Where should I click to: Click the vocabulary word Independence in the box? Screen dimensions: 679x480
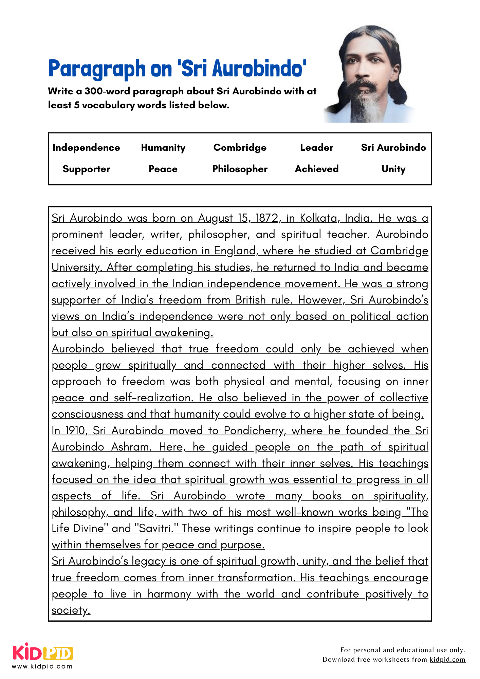(86, 148)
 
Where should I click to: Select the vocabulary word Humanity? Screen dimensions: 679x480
(163, 148)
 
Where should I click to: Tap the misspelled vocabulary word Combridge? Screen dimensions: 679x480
(240, 148)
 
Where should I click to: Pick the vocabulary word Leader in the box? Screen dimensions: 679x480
(316, 148)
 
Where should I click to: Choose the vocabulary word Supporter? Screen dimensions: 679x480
(86, 169)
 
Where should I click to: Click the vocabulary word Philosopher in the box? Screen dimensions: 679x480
(240, 169)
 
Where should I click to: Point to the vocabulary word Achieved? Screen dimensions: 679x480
(316, 169)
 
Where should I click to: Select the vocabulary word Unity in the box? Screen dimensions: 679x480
(393, 169)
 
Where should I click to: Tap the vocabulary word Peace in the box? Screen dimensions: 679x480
(163, 169)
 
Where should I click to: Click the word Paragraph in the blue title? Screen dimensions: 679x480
(97, 69)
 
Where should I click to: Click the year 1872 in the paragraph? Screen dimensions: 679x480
(268, 218)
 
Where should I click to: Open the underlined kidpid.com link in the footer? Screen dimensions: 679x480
(447, 660)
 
